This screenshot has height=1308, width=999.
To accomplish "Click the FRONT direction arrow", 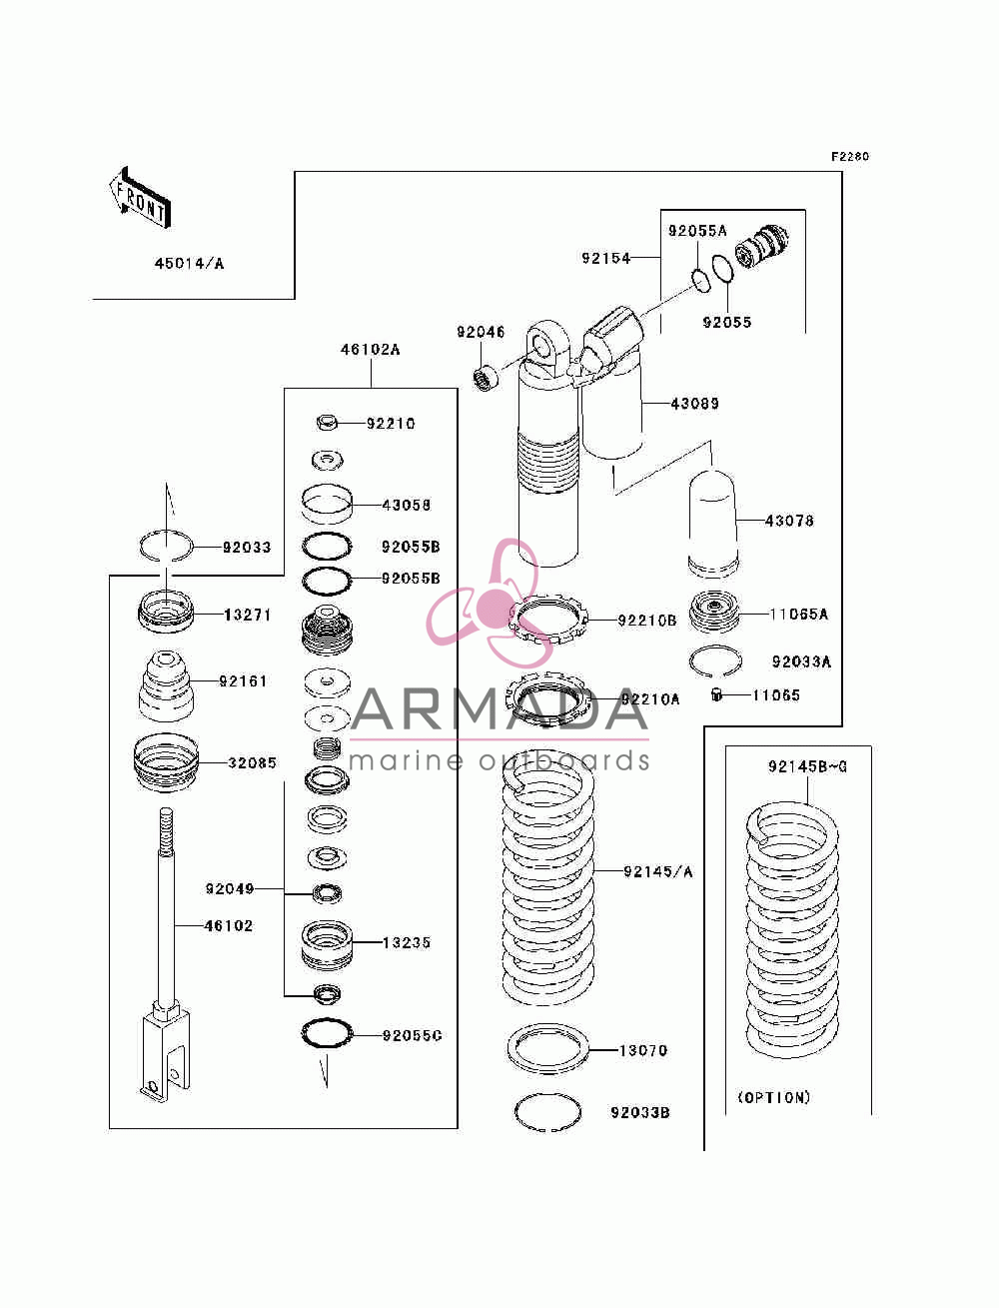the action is click(x=141, y=198).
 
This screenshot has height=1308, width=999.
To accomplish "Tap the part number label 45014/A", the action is click(x=190, y=264).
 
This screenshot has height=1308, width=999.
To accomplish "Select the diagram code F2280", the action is click(x=850, y=157).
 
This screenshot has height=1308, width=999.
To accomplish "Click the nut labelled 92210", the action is click(x=327, y=423).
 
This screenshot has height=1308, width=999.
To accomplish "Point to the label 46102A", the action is click(x=370, y=349).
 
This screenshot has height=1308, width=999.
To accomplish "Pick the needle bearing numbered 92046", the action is click(x=486, y=377).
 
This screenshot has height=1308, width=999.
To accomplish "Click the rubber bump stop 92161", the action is click(x=166, y=685).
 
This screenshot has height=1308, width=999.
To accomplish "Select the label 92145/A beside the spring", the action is click(x=658, y=871).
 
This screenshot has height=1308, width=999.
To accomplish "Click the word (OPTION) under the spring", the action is click(x=774, y=1097).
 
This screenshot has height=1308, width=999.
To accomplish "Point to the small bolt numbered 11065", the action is click(x=716, y=694).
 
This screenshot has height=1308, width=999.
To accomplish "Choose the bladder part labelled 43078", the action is click(x=712, y=525).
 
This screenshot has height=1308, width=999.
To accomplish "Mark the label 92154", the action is click(x=605, y=258).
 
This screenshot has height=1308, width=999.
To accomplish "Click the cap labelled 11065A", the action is click(x=713, y=614).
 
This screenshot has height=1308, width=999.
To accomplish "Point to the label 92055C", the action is click(x=412, y=1035).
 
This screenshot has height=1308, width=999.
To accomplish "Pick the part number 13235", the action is click(x=407, y=942).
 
